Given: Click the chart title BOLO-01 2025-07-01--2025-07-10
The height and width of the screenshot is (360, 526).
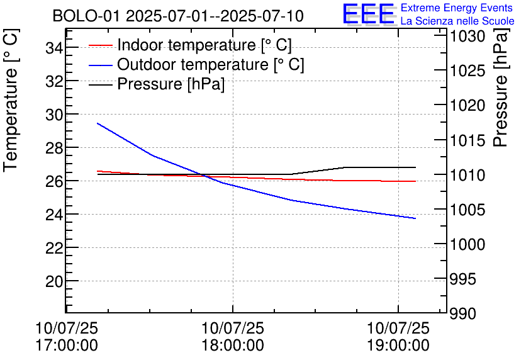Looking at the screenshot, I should pos(178,16).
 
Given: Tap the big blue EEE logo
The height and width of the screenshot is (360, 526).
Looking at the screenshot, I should pos(368,14).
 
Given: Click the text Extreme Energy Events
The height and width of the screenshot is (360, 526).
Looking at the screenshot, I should pos(457,8).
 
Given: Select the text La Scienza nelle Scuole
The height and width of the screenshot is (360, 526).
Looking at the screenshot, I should pos(457,21).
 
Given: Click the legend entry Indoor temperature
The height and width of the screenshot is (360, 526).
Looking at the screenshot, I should pos(204,45).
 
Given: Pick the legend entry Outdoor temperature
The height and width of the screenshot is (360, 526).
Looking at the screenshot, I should pos(211,65).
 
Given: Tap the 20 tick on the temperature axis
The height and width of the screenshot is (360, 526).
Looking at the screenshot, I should pos(53,281).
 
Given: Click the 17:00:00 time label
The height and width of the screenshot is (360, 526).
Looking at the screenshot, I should pos(67,346).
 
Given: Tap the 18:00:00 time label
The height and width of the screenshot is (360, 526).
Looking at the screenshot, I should pos(232,346).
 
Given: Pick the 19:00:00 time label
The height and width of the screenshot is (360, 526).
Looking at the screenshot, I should pos(398,346).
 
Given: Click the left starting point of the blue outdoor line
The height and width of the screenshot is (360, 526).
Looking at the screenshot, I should pos(98,123).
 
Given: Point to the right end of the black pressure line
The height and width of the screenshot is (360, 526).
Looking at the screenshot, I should pos(415,167).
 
